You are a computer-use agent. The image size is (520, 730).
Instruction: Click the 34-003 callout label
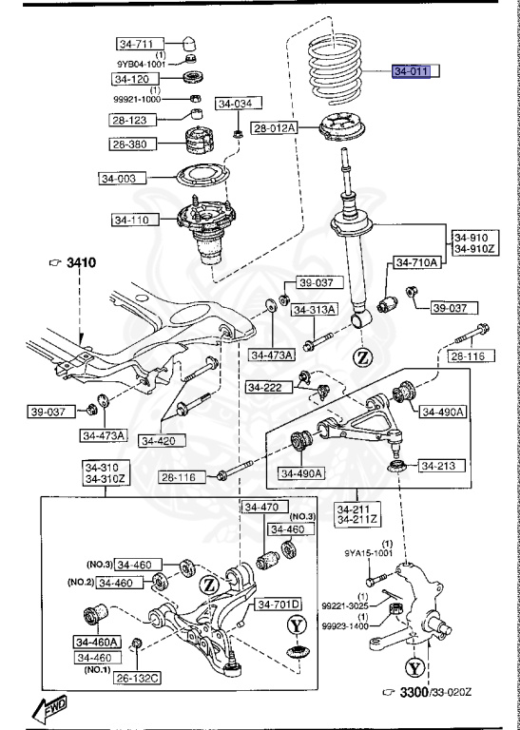[122, 177]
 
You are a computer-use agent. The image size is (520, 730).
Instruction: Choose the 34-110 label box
[133, 220]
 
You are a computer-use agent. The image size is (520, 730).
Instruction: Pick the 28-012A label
[275, 127]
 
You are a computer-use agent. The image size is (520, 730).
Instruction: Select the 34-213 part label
[439, 466]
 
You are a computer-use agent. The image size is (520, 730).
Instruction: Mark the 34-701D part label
[277, 604]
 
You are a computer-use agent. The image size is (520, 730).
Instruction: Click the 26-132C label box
[137, 678]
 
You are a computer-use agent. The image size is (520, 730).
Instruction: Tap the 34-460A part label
[95, 642]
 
